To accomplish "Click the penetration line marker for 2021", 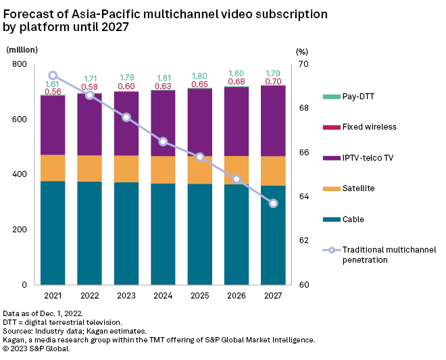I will [x=53, y=76].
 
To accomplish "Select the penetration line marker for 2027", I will [x=273, y=203].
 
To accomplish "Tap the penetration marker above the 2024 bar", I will [x=163, y=141].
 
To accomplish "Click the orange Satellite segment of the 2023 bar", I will [x=126, y=169].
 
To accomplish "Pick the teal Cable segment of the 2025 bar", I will [x=199, y=234].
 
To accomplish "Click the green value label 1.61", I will [x=53, y=84].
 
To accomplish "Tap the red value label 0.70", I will [x=273, y=82].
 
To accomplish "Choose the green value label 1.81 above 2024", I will [x=163, y=78].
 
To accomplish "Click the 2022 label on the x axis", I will [x=89, y=295].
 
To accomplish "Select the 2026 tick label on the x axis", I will [x=237, y=295].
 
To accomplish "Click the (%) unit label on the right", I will [x=302, y=51].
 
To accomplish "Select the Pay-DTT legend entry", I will [x=358, y=97].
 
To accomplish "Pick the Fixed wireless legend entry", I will [x=369, y=127].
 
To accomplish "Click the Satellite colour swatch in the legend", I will [x=331, y=188].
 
